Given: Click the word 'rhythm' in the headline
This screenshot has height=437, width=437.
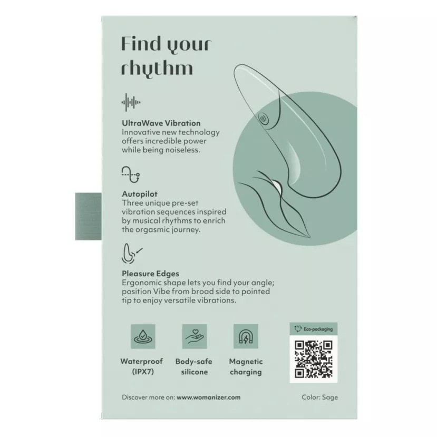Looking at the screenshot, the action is coord(157,68).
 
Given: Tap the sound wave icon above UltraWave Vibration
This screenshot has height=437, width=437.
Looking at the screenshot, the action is coord(131,102).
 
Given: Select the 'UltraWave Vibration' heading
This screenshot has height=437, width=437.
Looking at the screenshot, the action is coord(161,123).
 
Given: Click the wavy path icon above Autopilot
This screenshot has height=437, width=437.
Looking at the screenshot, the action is coord(131,174).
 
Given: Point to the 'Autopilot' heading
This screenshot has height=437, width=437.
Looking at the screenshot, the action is coord(140,194).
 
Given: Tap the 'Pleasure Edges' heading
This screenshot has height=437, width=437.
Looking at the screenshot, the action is coord(150,274).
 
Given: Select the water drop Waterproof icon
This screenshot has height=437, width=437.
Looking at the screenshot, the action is coord(143,336).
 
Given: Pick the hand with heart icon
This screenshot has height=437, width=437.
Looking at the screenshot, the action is coord(195,336).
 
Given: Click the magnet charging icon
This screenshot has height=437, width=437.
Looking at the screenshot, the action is coord(246,336).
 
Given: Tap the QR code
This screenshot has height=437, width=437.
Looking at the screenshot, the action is coord(314,359).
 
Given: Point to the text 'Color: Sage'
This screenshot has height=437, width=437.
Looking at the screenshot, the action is coord(319,397).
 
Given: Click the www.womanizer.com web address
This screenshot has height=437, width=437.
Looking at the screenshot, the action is coord(208,397).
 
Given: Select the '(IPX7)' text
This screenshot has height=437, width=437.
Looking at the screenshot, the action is coord(143,372).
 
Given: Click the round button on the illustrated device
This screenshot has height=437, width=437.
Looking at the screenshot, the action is coord(264,120).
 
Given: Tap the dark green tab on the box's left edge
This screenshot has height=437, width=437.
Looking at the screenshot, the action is coord(89,216).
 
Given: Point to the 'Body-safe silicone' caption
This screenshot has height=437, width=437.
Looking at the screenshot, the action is coord(194,366).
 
